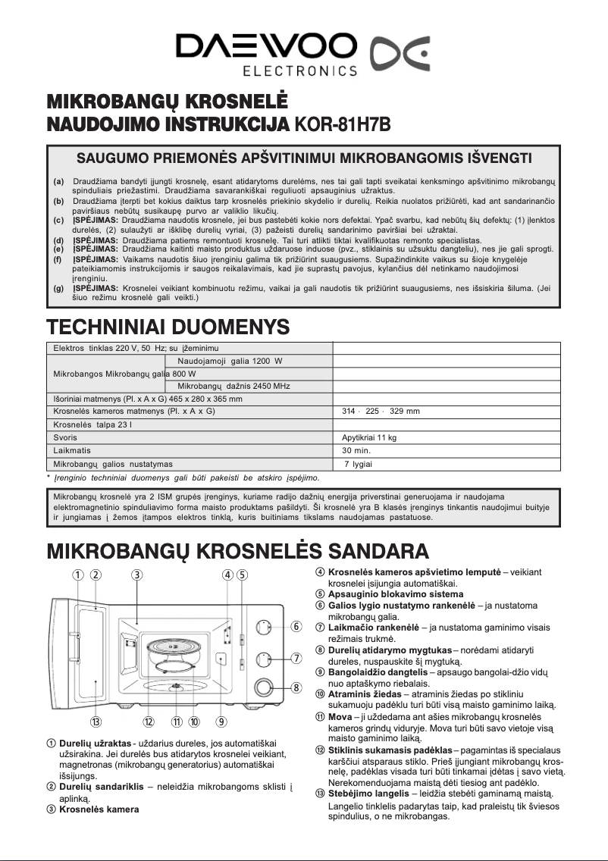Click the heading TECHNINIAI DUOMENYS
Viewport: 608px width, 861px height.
click(168, 327)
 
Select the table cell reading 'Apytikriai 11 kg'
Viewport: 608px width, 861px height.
click(370, 437)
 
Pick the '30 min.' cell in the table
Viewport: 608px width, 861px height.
click(356, 450)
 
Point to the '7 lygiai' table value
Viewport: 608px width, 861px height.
click(358, 463)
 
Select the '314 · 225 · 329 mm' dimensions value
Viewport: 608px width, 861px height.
click(381, 412)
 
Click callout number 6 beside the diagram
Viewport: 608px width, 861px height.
click(297, 626)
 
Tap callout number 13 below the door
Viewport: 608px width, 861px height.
click(96, 721)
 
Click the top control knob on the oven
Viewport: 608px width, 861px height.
click(263, 627)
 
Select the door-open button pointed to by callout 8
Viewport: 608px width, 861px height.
click(263, 687)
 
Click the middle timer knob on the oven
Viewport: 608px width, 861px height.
click(263, 657)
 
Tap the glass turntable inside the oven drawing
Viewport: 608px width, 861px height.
click(174, 649)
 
